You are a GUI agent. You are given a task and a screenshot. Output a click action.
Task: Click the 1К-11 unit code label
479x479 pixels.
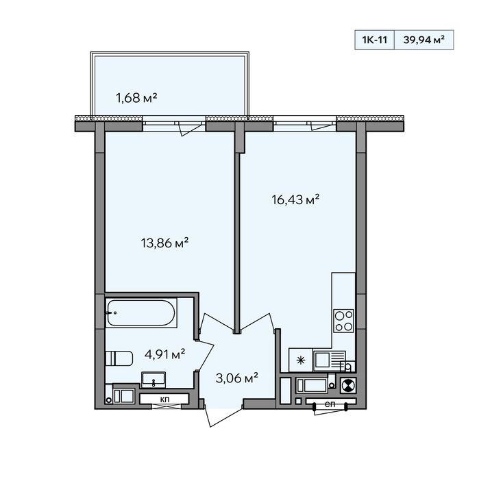375,40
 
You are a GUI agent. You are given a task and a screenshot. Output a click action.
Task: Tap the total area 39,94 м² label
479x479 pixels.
423,40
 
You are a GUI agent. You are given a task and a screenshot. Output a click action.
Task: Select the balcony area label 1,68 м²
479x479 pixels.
136,98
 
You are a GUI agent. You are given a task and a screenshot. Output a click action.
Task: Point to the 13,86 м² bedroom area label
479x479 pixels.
164,243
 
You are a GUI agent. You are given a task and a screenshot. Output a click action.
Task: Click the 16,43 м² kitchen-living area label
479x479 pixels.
295,199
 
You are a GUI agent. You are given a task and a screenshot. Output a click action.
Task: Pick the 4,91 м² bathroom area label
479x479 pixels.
164,355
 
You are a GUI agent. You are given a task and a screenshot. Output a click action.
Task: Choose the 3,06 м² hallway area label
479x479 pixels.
236,378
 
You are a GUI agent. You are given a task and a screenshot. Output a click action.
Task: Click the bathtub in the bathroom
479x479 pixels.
141,312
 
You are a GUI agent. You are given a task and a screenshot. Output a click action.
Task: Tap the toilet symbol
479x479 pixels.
119,358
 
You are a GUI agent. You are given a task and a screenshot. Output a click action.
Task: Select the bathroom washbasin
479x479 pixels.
153,380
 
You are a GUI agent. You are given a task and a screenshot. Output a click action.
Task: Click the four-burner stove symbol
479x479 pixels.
344,321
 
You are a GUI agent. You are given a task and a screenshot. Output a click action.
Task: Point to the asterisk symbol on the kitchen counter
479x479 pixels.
301,360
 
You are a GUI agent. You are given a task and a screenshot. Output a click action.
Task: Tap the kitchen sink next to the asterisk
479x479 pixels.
330,360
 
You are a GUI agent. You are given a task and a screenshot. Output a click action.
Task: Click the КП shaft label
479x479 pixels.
164,399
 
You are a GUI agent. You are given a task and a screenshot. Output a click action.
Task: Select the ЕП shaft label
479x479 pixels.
330,404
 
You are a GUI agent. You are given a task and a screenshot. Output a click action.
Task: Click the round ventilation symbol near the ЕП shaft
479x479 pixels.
348,385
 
